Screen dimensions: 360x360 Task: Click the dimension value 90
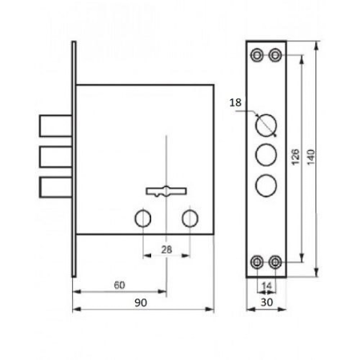click(141, 302)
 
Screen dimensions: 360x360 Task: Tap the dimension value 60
click(119, 285)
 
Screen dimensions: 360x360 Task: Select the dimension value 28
click(166, 250)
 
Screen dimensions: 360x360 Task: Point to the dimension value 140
click(311, 157)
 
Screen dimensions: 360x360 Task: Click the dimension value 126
click(295, 157)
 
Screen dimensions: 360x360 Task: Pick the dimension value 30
click(266, 302)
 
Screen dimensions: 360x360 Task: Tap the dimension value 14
click(266, 286)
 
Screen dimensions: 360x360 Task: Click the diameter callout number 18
click(235, 102)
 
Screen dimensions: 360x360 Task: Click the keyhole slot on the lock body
click(166, 191)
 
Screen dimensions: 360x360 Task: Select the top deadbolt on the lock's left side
click(56, 126)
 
